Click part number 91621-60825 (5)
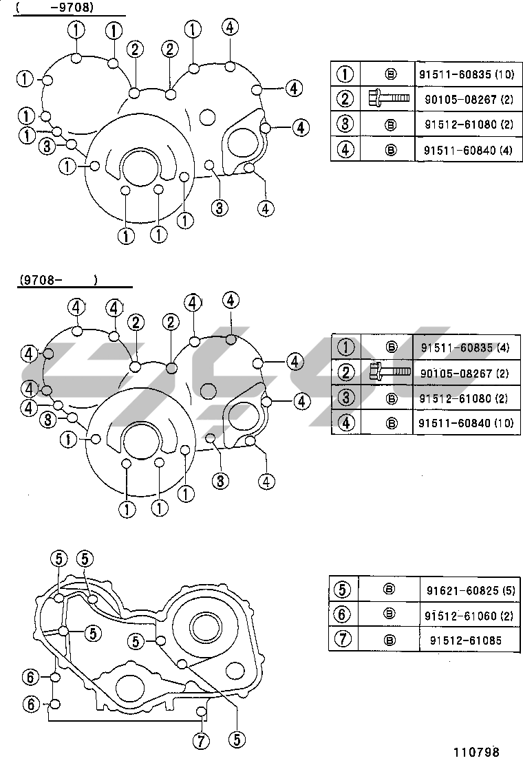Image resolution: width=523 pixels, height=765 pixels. (x=471, y=590)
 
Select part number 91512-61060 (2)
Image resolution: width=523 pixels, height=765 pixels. (x=469, y=616)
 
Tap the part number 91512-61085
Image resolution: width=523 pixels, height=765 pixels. (x=465, y=640)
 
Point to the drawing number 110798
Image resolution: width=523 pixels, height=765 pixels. (x=476, y=752)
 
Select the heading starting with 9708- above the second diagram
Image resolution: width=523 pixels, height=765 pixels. (x=58, y=280)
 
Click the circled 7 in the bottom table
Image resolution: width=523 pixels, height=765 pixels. (x=343, y=638)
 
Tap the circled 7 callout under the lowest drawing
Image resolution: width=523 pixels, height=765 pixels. (x=201, y=741)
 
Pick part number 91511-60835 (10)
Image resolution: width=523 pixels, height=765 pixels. (x=467, y=74)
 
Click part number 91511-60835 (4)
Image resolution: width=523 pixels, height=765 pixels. (x=465, y=347)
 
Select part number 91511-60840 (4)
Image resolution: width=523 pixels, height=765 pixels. (x=468, y=150)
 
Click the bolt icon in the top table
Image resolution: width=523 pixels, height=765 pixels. (x=389, y=98)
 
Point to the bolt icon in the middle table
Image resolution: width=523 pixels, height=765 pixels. (x=390, y=371)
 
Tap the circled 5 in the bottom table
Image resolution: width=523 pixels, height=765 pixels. (x=342, y=590)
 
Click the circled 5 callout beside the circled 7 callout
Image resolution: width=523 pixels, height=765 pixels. (x=237, y=740)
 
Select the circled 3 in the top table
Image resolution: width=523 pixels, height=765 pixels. (x=345, y=124)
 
